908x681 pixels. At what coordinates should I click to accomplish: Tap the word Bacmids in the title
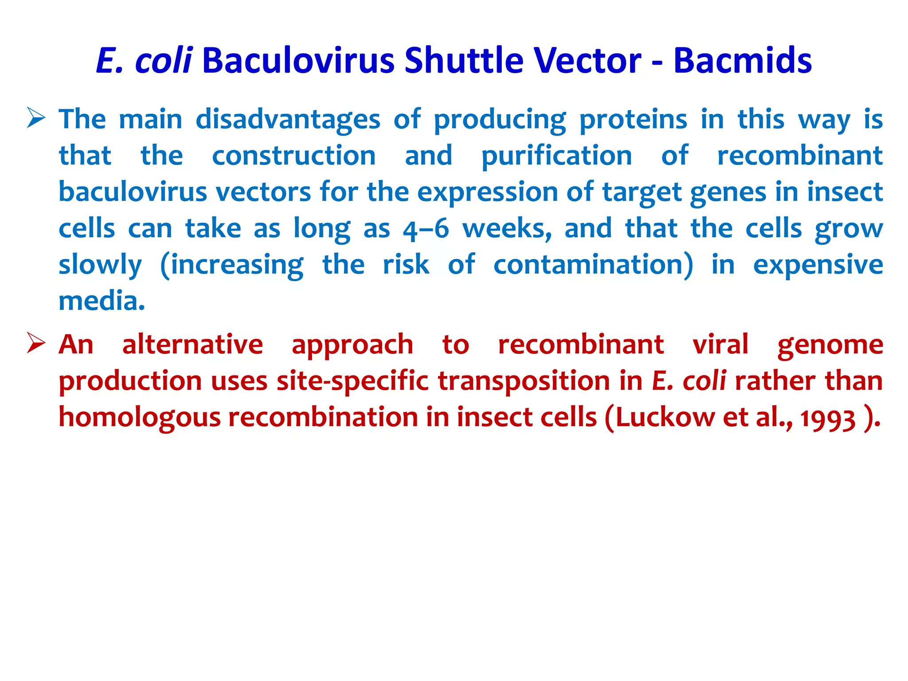pyautogui.click(x=743, y=60)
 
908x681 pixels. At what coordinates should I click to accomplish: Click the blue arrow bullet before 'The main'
pyautogui.click(x=36, y=117)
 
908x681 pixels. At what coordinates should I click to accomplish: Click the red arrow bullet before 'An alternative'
pyautogui.click(x=36, y=343)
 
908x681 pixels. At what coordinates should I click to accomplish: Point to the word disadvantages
pyautogui.click(x=288, y=120)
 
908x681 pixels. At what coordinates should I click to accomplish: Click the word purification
pyautogui.click(x=556, y=156)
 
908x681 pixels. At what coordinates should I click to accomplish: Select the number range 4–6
pyautogui.click(x=426, y=229)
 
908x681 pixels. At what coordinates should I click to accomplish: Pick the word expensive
pyautogui.click(x=818, y=265)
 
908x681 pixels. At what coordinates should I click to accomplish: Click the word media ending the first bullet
pyautogui.click(x=101, y=301)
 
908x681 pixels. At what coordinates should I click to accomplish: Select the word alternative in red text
pyautogui.click(x=192, y=345)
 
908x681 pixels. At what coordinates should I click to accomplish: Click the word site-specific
pyautogui.click(x=352, y=381)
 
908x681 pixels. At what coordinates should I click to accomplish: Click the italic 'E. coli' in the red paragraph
pyautogui.click(x=689, y=381)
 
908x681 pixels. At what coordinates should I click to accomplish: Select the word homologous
pyautogui.click(x=140, y=418)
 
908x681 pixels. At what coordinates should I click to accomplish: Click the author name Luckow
pyautogui.click(x=665, y=418)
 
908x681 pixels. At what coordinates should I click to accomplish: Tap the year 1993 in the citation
pyautogui.click(x=828, y=419)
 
